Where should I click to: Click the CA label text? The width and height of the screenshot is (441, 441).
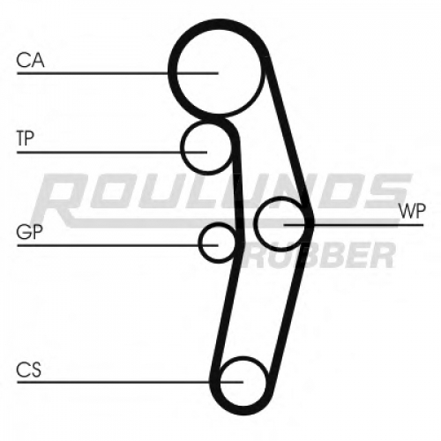point(30,60)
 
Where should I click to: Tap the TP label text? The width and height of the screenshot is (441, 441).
point(26,138)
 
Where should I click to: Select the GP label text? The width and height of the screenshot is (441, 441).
point(30,232)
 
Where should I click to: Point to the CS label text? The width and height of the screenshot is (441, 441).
point(28,370)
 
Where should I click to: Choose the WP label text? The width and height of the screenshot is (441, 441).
point(412,211)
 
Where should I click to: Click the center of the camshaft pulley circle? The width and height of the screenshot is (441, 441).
point(219,71)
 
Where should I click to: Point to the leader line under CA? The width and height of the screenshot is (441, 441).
point(117,73)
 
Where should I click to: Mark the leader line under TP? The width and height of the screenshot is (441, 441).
point(112,153)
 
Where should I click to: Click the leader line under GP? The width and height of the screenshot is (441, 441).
point(117,245)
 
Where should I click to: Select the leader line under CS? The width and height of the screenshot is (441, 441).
point(131,382)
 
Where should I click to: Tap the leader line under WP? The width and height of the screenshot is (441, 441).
point(354,225)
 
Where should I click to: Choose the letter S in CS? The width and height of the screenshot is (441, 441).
point(35,370)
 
